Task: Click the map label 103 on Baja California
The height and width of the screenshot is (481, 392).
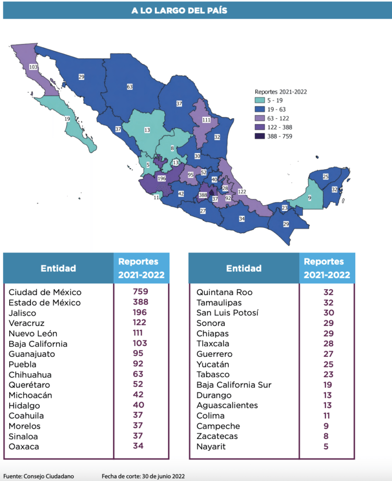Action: [x=33, y=66]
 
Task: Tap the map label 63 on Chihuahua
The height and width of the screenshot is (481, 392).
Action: [x=130, y=87]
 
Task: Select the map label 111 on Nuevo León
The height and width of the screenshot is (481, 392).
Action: [x=206, y=120]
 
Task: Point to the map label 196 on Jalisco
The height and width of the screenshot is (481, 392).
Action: [x=162, y=178]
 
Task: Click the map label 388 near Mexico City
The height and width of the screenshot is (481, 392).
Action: [x=203, y=195]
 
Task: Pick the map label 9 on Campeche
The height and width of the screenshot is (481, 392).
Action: [x=310, y=198]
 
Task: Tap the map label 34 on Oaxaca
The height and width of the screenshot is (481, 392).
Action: [x=242, y=218]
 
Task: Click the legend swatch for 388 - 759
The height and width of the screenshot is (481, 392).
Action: [x=261, y=137]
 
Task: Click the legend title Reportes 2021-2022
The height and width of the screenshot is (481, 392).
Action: [x=281, y=92]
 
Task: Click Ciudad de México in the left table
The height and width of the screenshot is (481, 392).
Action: [x=45, y=292]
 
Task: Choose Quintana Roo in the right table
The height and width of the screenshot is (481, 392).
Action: [x=224, y=292]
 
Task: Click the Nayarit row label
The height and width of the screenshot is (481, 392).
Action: [x=211, y=446]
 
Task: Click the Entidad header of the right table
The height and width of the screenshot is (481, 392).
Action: [x=244, y=268]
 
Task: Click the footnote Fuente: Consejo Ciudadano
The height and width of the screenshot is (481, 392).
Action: [x=39, y=476]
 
